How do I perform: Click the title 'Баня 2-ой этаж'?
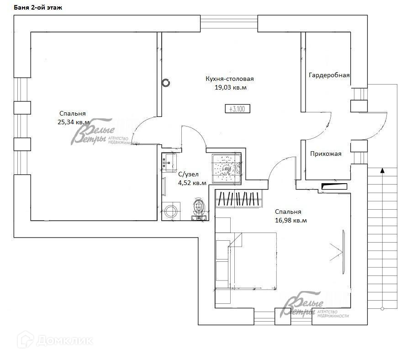pos(38,7)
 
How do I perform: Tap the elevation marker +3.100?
pos(237,109)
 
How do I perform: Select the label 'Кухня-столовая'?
pos(229,79)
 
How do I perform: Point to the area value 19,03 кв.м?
pos(230,88)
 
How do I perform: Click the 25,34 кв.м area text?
pos(74,122)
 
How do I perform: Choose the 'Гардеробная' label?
pos(329,75)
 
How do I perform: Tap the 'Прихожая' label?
pos(326,154)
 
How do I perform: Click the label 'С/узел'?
pos(188,174)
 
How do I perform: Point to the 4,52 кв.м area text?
pos(192,183)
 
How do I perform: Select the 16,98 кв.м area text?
pos(290,221)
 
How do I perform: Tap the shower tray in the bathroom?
pos(227,169)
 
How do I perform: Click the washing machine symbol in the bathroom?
pos(171,211)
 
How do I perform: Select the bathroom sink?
pos(169,163)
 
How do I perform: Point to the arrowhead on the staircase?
pos(382,170)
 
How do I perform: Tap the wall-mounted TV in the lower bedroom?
pos(343,252)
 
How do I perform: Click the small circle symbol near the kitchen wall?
pos(166,83)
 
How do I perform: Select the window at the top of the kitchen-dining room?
pos(229,24)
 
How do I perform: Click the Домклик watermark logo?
pos(55,340)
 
